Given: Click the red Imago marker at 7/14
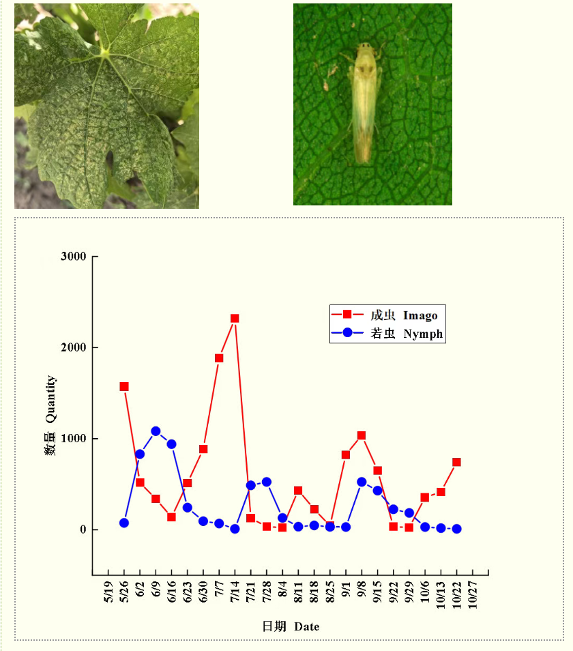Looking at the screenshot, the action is (235, 319).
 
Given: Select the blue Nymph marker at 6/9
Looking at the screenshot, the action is (156, 431).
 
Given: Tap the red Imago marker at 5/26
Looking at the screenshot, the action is (124, 386).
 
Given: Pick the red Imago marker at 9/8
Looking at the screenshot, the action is (362, 435).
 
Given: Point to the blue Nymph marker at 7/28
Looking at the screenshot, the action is (266, 482).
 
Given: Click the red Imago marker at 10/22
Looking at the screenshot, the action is (456, 462).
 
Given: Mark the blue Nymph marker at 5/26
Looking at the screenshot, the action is (124, 523).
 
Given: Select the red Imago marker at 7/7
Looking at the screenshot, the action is (219, 358).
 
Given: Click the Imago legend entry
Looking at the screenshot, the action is (385, 315).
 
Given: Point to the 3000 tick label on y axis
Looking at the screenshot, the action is (74, 256).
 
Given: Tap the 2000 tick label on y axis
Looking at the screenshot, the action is (74, 347).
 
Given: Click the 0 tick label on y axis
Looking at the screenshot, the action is (83, 530).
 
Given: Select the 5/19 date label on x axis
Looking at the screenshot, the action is (108, 592).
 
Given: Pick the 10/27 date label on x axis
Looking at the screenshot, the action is (473, 595).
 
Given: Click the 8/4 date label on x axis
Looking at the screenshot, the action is (282, 589).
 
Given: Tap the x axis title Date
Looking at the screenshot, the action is (307, 626).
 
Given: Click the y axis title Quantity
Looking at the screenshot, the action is (50, 399).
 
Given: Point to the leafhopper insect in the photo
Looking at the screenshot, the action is (364, 102).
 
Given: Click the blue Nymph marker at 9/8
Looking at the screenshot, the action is (362, 482).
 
